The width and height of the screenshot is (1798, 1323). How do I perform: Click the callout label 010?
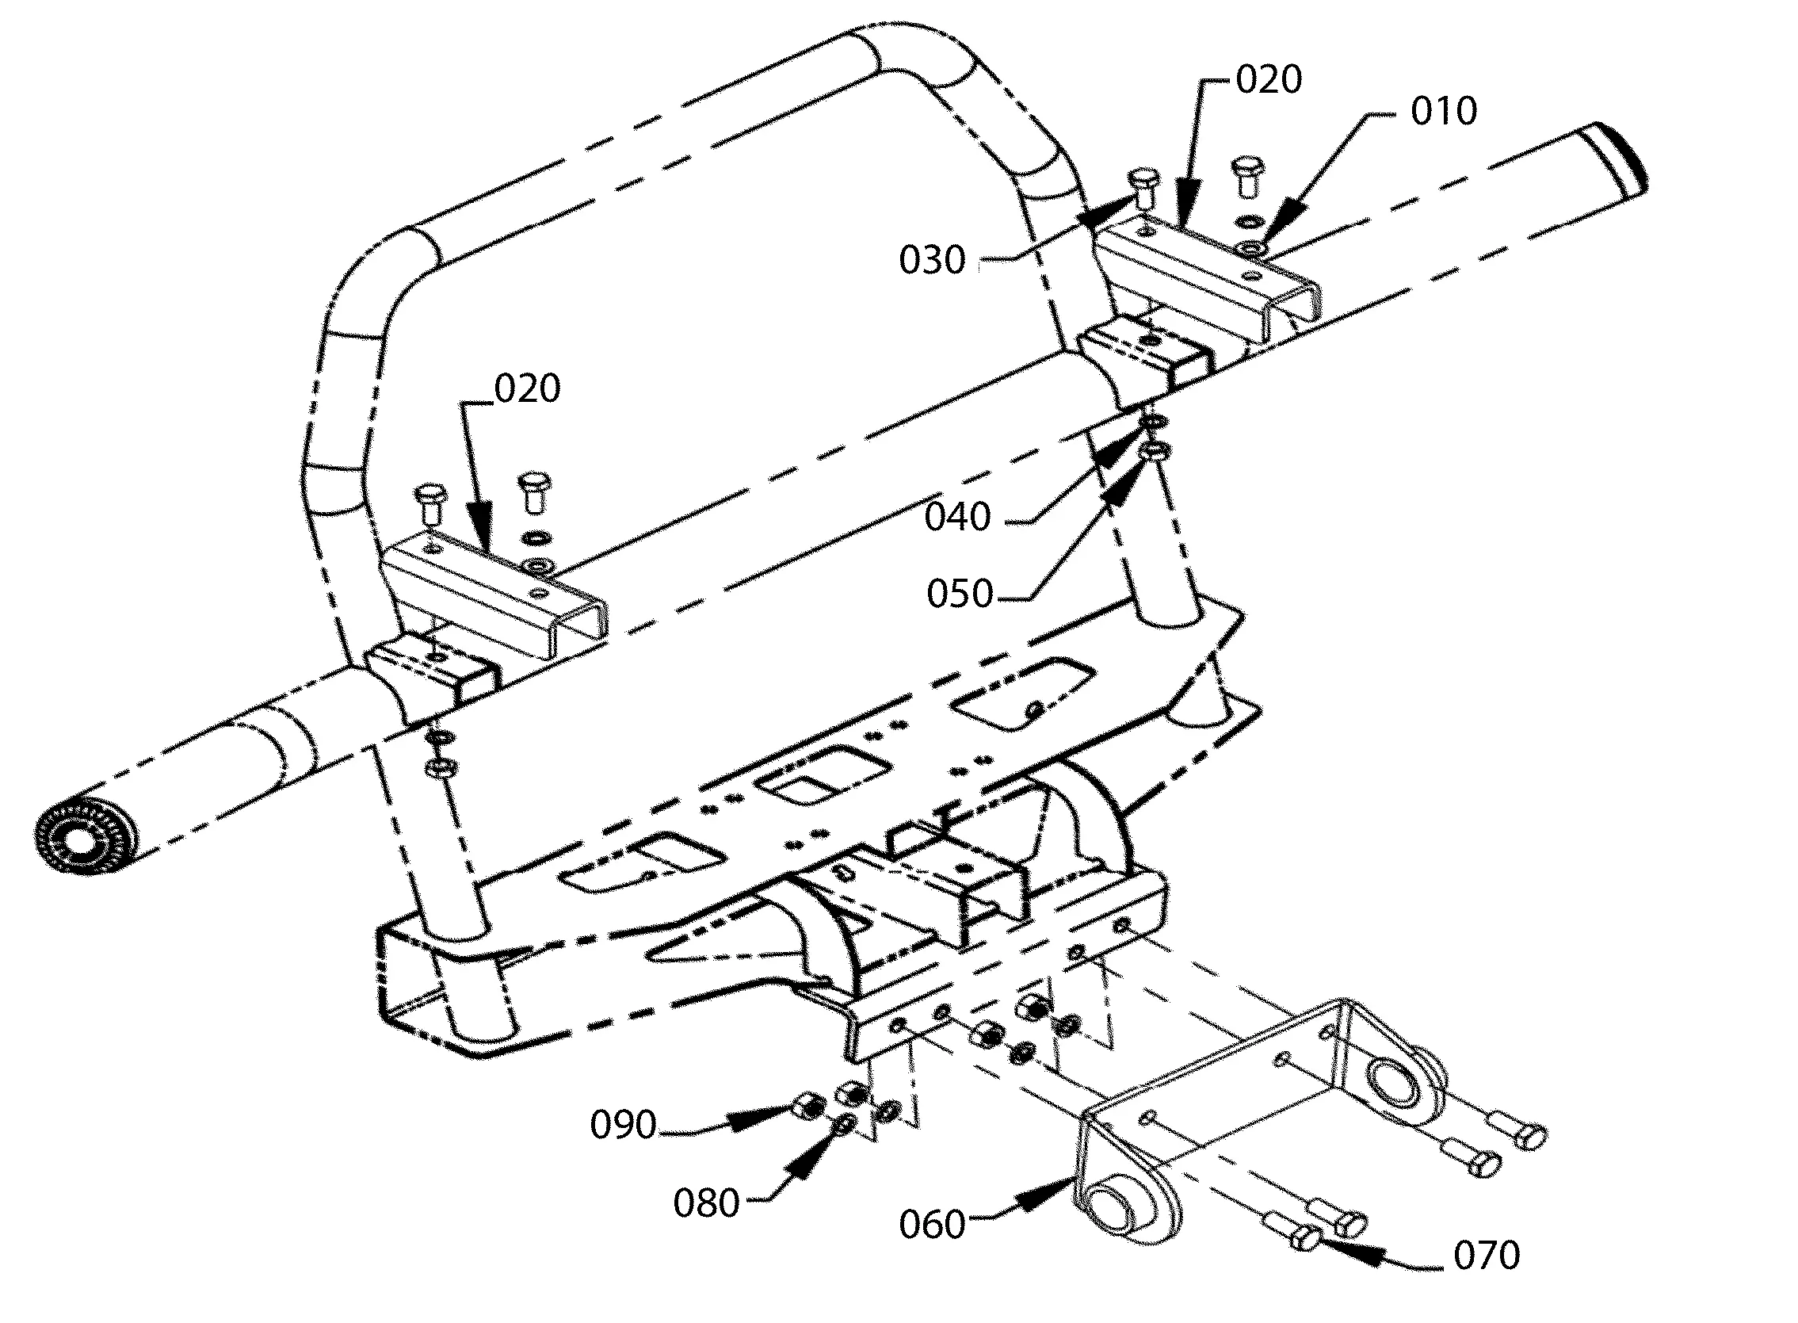pyautogui.click(x=1443, y=111)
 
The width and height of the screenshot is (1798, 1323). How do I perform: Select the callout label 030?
pyautogui.click(x=932, y=260)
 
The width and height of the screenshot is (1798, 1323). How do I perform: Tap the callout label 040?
pyautogui.click(x=957, y=517)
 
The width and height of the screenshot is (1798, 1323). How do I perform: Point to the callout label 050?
pyautogui.click(x=960, y=594)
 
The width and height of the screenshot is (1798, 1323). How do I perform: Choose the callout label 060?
pyautogui.click(x=932, y=1225)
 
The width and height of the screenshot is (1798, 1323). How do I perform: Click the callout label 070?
pyautogui.click(x=1487, y=1255)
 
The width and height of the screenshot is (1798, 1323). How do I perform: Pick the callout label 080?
pyautogui.click(x=706, y=1203)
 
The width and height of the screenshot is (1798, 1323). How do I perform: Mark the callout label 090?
pyautogui.click(x=623, y=1124)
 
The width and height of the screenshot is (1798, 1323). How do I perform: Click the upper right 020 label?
pyautogui.click(x=1269, y=79)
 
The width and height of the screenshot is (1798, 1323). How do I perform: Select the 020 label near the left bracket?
pyautogui.click(x=528, y=388)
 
